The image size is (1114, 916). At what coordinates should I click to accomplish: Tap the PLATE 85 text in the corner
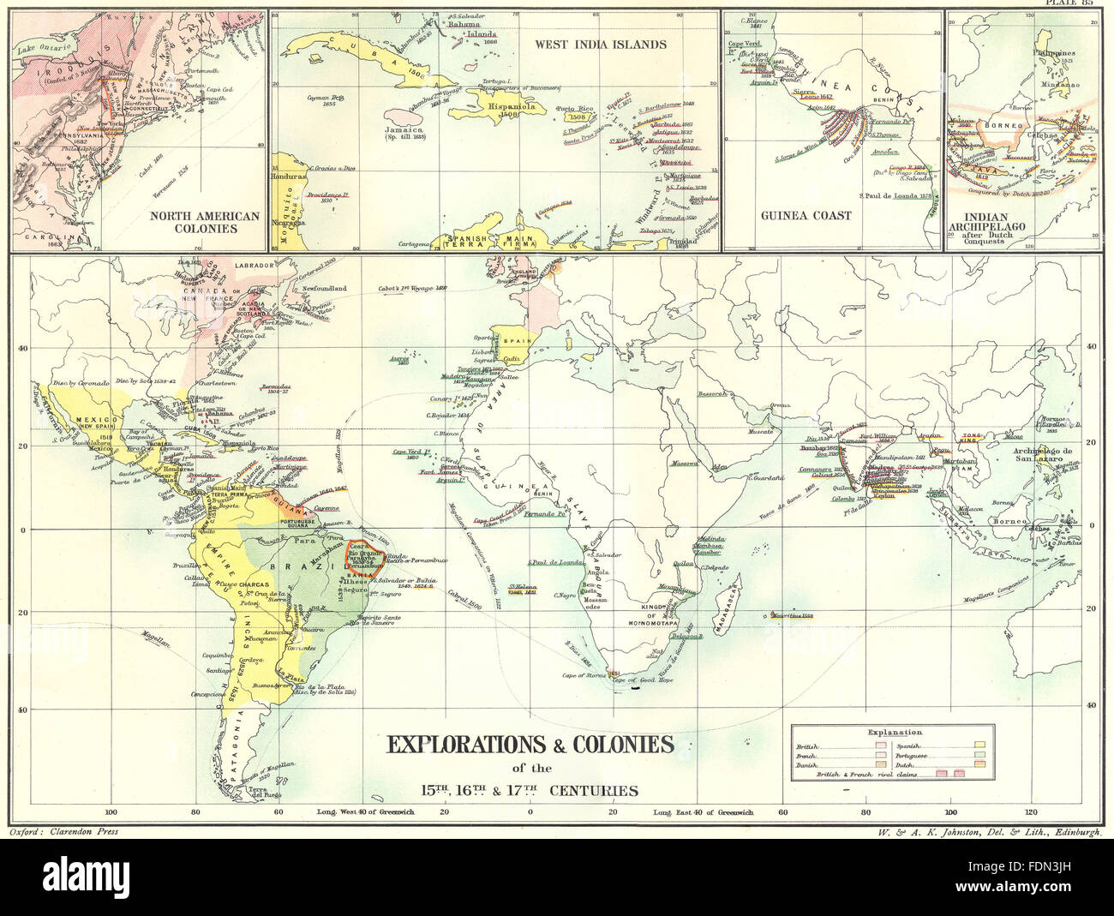[1082, 4]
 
